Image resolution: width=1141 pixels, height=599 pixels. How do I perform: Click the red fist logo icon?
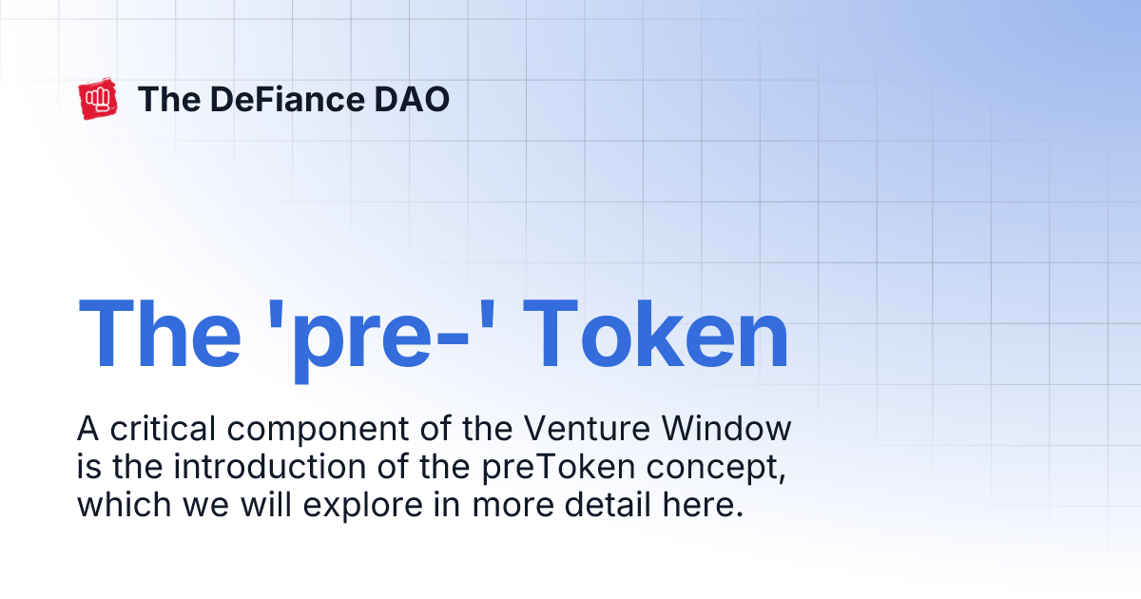(x=98, y=100)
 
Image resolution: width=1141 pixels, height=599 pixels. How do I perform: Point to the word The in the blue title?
(x=159, y=335)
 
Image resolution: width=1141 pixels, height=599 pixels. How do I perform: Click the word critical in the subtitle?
(x=164, y=430)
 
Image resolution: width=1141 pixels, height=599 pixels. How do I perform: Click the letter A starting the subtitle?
(x=88, y=429)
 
